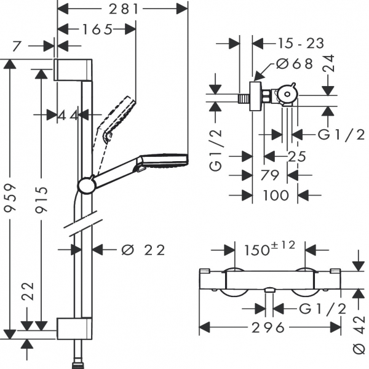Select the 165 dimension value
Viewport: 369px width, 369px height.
pos(97,28)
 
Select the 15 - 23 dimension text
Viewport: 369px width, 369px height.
pos(293,43)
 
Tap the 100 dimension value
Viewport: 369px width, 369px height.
pos(275,196)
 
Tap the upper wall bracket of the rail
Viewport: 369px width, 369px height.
pos(74,70)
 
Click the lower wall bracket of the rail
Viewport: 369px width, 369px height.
pos(74,328)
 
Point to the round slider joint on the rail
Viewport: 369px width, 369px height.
pos(86,184)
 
